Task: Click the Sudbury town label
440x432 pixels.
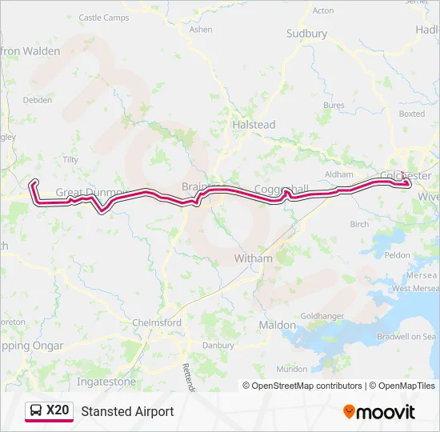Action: pos(306,34)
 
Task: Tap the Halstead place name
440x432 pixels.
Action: pos(253,125)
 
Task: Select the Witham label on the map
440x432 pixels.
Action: pos(253,258)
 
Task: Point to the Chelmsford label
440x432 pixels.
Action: pos(157,322)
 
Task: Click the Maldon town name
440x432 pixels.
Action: pos(277,326)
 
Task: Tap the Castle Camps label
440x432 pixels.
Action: pos(104,17)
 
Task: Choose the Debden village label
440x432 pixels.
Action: pos(37,100)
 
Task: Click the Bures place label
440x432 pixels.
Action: pos(334,105)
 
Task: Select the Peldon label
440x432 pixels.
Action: pos(396,255)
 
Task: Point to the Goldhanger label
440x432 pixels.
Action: pos(322,316)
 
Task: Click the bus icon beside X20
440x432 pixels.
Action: pos(36,411)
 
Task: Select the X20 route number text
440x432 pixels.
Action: pos(58,411)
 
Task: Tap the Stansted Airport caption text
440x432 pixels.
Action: pos(127,411)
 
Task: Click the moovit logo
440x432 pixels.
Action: pos(379,411)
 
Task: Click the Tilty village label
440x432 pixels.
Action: pos(70,159)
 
